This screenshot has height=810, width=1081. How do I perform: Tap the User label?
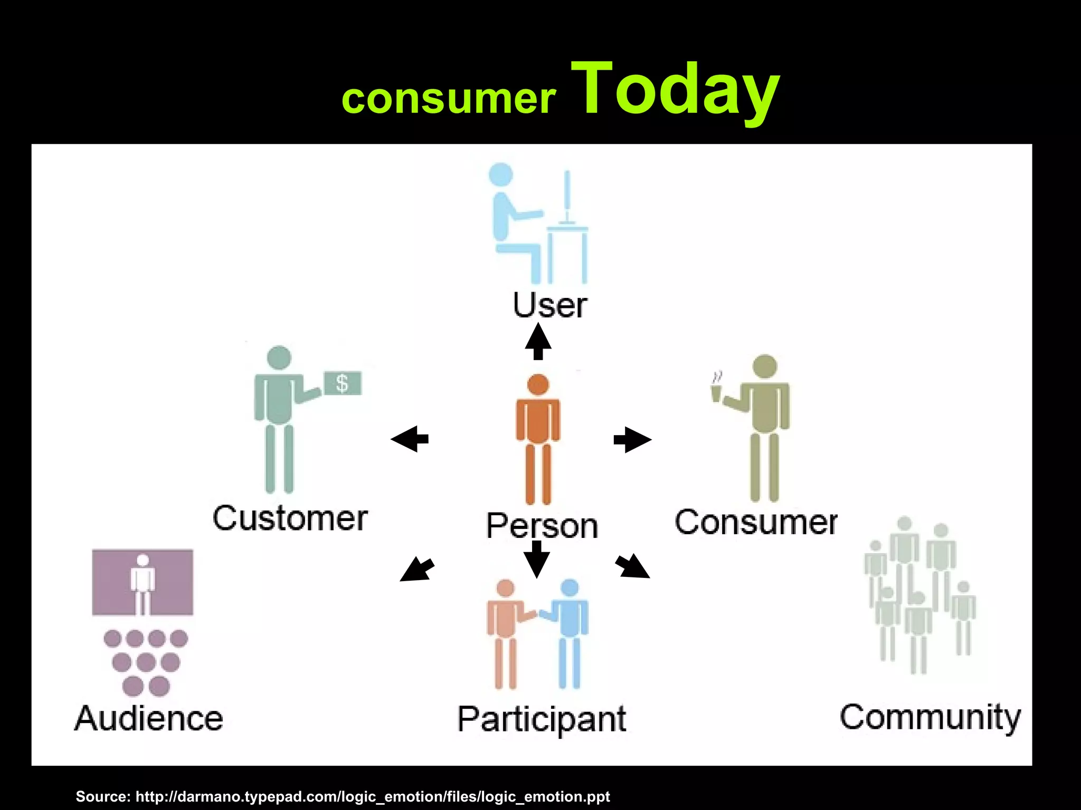[x=550, y=305]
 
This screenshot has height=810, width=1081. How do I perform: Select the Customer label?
[x=290, y=518]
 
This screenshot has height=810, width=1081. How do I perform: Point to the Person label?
[x=542, y=526]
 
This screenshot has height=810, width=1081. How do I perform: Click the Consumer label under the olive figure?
[x=756, y=523]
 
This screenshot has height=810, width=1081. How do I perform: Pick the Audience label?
[x=149, y=718]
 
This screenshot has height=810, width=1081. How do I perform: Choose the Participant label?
[x=542, y=719]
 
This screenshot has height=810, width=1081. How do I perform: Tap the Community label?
[x=930, y=718]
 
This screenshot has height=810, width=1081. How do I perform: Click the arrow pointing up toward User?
[x=538, y=342]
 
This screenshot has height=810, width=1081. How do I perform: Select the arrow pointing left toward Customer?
[x=410, y=439]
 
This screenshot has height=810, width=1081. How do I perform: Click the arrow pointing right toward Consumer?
[x=632, y=439]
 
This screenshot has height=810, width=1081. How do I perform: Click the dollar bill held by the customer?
[x=343, y=383]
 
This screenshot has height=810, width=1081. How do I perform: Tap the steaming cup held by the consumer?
[x=716, y=392]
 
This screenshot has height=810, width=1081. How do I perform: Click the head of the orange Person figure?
[x=538, y=384]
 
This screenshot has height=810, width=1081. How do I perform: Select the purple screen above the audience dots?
[x=143, y=582]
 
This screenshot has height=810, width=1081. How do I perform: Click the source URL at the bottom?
[x=343, y=796]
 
